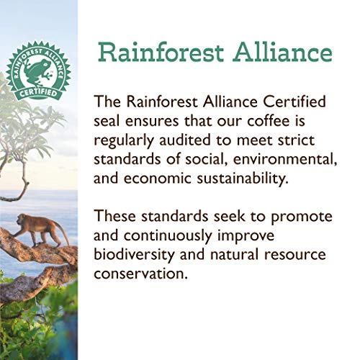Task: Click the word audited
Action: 194,137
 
